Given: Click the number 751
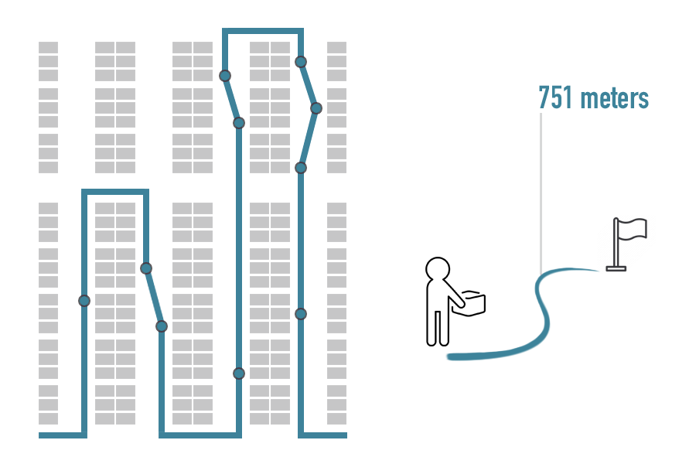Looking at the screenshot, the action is click(555, 97).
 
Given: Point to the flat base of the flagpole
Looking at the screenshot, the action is click(616, 268).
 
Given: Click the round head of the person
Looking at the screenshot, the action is click(438, 269).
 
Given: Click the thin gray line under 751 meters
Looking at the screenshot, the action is click(541, 193).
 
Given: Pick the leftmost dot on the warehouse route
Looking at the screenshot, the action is click(84, 301).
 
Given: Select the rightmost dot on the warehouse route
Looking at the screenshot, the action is click(316, 108).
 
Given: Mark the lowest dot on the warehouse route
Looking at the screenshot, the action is click(239, 374).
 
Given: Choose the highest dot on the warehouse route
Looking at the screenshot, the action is click(301, 61).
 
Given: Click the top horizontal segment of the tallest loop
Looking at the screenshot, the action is click(263, 31).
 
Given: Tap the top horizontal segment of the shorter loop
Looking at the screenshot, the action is click(115, 192).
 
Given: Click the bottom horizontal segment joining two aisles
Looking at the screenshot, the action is click(200, 435).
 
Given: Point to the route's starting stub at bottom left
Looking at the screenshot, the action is click(63, 435).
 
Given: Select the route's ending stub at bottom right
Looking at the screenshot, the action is click(322, 435).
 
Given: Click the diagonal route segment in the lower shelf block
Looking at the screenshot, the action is click(154, 297).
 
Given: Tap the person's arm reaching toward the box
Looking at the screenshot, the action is click(453, 292).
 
